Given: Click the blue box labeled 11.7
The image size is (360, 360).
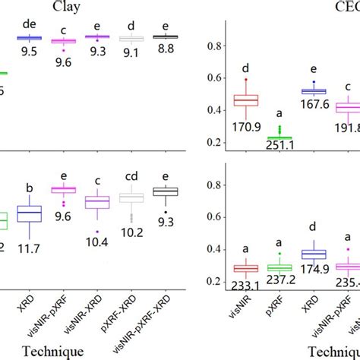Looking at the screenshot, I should tap(29, 214).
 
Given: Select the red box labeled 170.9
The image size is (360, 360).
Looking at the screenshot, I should tap(245, 99).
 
